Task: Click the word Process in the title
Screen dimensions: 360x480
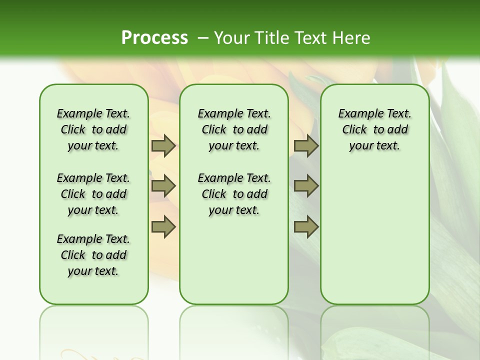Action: [x=154, y=38]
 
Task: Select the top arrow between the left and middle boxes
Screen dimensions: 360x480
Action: [x=163, y=145]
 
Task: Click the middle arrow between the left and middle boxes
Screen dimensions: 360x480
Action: [x=163, y=186]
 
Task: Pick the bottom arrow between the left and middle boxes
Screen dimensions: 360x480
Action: [x=163, y=226]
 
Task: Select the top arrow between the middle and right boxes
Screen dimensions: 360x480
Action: [x=306, y=145]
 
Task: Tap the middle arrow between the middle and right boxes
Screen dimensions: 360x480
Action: [x=306, y=186]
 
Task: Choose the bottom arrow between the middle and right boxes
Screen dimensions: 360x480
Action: [x=306, y=226]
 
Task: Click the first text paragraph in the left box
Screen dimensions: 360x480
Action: [x=93, y=129]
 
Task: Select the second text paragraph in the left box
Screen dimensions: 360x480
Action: [x=93, y=194]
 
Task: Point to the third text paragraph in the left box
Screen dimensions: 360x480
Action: [x=93, y=255]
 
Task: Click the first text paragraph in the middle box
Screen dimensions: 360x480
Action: [x=234, y=129]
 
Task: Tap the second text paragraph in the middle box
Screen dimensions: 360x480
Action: [x=234, y=194]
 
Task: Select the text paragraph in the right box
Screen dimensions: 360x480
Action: [x=374, y=129]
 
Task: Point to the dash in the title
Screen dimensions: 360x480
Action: [x=203, y=38]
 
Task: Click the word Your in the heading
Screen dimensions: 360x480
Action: [x=232, y=38]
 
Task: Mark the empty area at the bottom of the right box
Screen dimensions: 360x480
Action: [x=374, y=250]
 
